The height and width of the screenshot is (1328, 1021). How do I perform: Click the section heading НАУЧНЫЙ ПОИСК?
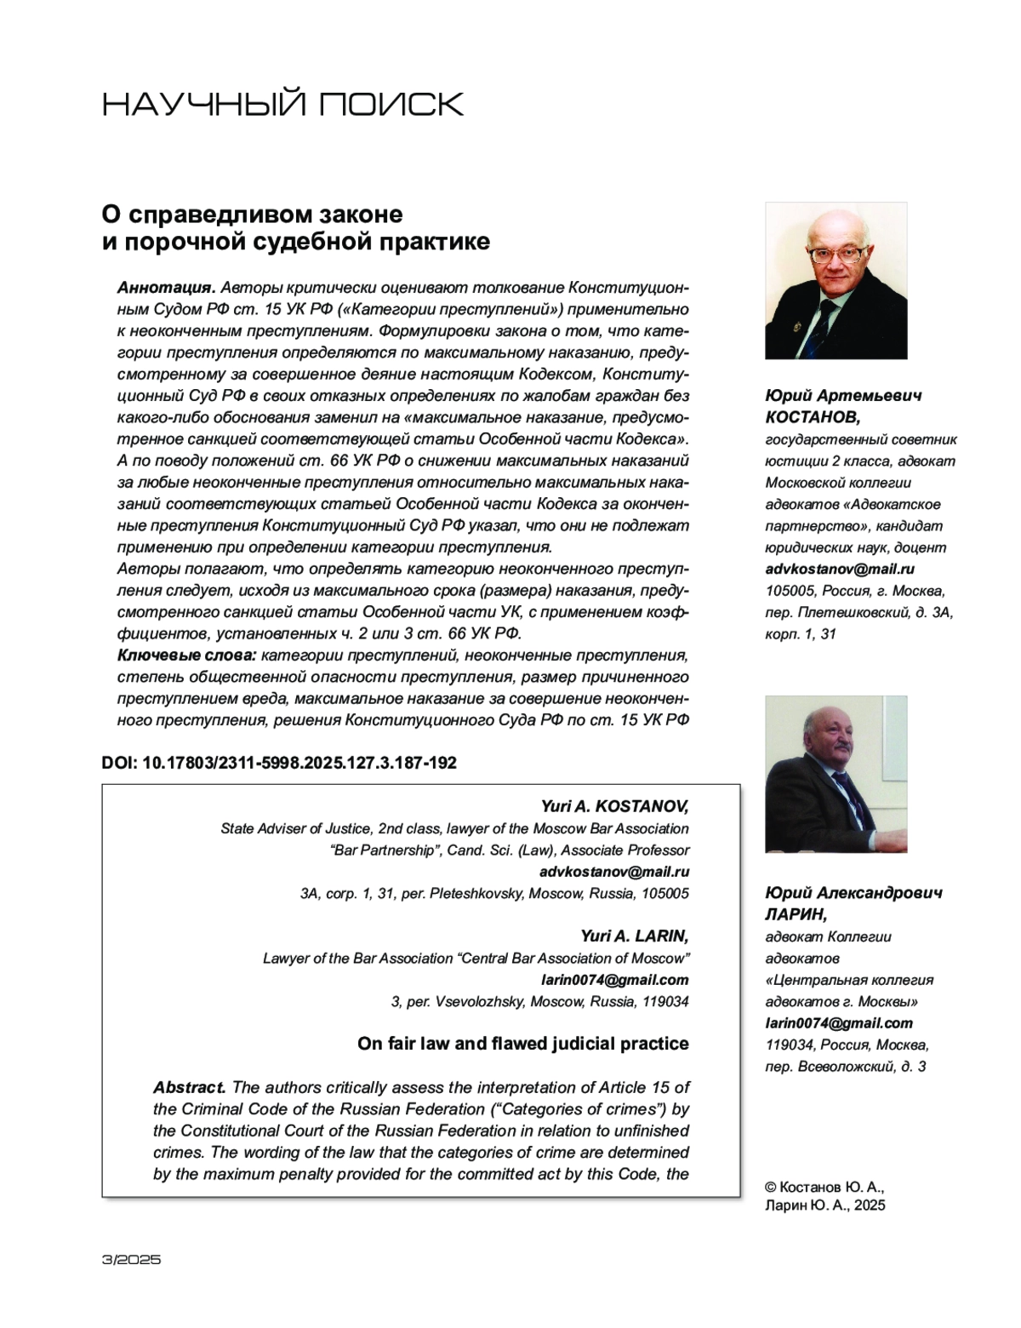pos(282,104)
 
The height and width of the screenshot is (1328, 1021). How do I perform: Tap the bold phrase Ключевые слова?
pos(185,655)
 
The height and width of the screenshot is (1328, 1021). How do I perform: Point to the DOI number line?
pos(279,763)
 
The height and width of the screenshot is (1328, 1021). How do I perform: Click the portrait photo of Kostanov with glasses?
pos(836,280)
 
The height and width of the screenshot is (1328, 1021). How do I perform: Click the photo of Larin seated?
pos(836,774)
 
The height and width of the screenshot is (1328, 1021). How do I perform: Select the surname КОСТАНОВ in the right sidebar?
pos(813,417)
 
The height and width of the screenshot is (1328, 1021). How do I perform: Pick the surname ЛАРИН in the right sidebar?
pos(796,914)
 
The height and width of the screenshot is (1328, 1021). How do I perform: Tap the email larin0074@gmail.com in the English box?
pos(614,980)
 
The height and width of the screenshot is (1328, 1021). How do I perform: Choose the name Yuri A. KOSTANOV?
pos(614,806)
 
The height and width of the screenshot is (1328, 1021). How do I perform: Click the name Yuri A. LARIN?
pos(635,936)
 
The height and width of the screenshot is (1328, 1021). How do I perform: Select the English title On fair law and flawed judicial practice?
pos(522,1044)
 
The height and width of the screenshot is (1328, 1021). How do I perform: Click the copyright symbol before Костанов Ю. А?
pos(772,1187)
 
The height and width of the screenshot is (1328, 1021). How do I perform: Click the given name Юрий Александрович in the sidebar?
pos(853,893)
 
